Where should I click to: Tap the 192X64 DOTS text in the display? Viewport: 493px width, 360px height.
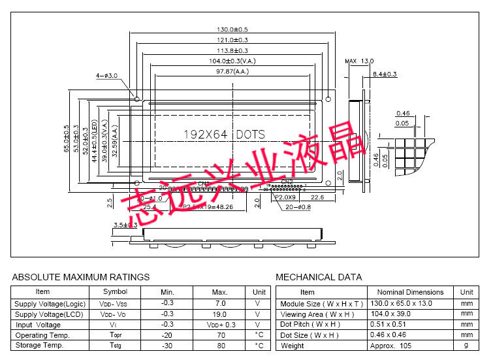pos(223,134)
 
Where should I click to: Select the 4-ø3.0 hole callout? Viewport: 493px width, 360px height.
pos(107,76)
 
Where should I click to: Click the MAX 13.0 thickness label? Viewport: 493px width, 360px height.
pos(359,61)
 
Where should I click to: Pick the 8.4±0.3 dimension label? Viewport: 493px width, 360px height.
pos(384,74)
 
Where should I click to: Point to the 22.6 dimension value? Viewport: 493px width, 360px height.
pos(317,197)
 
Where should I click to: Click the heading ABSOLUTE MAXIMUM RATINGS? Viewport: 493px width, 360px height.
pos(81,277)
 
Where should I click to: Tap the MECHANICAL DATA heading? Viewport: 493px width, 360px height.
pos(319,277)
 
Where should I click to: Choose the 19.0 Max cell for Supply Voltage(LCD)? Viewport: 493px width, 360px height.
pos(219,314)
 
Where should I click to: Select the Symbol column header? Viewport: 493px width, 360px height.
pos(116,292)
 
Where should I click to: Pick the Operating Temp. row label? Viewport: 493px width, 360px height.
pos(42,335)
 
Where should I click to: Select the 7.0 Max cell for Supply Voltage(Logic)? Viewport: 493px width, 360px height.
pos(219,304)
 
